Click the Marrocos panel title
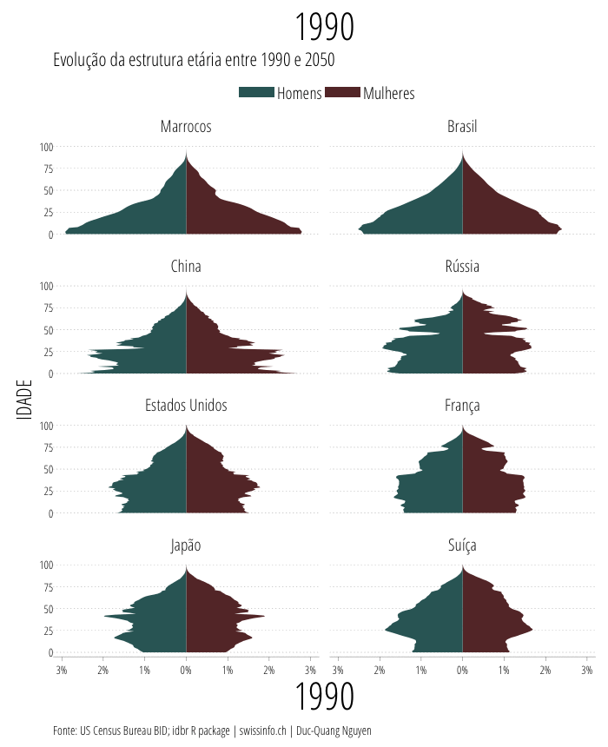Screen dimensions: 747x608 [186, 127]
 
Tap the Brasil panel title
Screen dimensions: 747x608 [462, 127]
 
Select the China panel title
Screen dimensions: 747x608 [186, 267]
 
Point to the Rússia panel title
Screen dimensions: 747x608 [462, 267]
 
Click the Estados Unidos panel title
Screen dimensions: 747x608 [186, 406]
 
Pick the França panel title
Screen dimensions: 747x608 [462, 406]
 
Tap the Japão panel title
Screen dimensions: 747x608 [186, 545]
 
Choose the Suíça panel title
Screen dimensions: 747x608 [462, 545]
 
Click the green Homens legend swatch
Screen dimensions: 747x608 [256, 93]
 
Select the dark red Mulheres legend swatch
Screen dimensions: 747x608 [342, 93]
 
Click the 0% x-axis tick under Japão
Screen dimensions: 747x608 [186, 670]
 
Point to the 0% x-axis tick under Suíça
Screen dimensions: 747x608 [462, 670]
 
